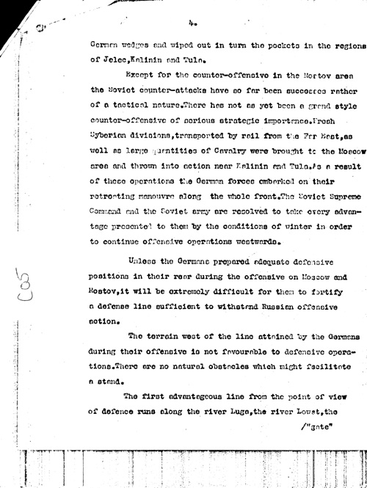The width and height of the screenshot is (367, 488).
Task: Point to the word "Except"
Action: (142, 75)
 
